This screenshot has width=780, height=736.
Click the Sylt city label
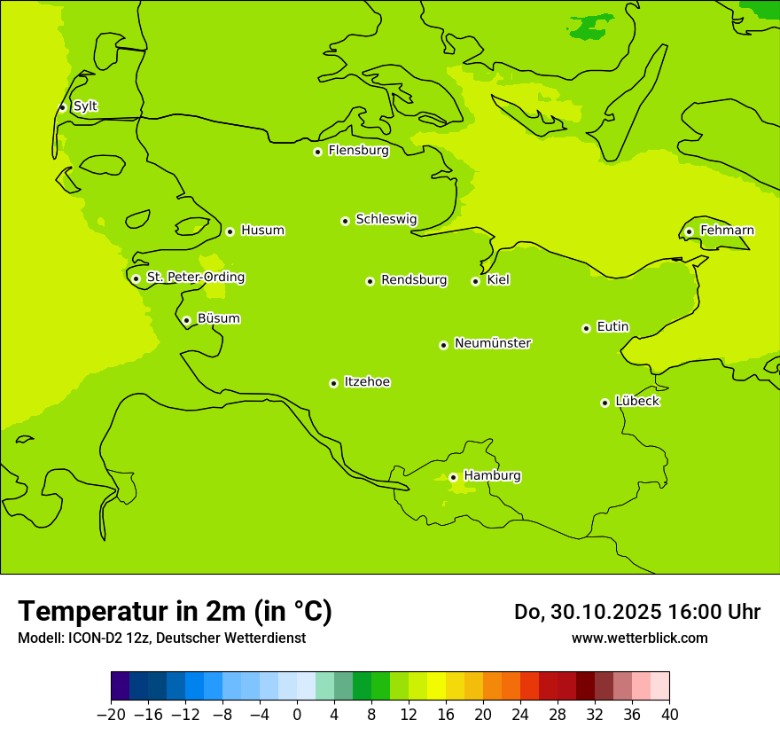(85, 106)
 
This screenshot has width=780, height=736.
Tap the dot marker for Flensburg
(317, 152)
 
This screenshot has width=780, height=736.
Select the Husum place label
(262, 231)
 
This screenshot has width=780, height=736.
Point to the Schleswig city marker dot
(345, 221)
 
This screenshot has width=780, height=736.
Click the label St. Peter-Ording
(196, 278)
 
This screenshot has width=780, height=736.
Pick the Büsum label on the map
(218, 318)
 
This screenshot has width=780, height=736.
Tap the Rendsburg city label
(414, 280)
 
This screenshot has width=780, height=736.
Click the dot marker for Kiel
(475, 281)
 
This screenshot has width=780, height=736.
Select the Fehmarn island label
(727, 231)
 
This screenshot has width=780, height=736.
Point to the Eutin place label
(612, 327)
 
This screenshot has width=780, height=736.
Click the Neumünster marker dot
(443, 345)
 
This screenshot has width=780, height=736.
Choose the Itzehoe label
(367, 382)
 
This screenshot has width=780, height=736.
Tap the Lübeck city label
(637, 402)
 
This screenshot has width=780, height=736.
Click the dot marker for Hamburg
(453, 477)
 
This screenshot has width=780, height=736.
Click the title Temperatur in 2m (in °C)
(175, 611)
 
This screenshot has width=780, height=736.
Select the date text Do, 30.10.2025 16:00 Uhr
(636, 612)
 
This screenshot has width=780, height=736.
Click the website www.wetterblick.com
(639, 638)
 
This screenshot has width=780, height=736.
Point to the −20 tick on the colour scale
(112, 715)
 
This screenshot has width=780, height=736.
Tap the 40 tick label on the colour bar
(669, 715)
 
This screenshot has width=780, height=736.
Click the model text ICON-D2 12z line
(161, 638)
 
